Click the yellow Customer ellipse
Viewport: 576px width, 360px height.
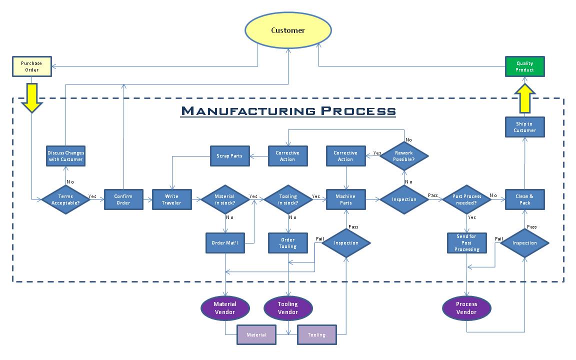point(288,30)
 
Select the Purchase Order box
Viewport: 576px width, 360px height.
point(32,66)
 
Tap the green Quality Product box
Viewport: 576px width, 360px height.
point(524,66)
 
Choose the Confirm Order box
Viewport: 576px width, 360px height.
point(123,199)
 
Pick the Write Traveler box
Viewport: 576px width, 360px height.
point(172,199)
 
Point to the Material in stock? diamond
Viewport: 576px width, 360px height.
point(224,199)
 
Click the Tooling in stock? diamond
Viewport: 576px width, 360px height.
point(288,199)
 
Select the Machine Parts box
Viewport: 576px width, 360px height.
point(345,199)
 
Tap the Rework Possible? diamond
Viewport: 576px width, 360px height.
point(404,156)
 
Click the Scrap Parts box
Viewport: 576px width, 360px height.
point(229,156)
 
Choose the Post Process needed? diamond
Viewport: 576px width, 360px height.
point(466,199)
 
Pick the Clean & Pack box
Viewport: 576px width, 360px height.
point(524,199)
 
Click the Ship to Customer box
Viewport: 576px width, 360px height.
point(524,127)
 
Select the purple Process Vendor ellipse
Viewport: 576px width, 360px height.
point(466,308)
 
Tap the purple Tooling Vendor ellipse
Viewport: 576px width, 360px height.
point(288,308)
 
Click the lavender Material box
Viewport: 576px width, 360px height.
point(256,335)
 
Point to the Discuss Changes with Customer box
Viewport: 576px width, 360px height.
point(65,156)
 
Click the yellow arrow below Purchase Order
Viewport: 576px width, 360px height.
point(32,97)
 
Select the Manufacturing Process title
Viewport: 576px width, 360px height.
point(288,110)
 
